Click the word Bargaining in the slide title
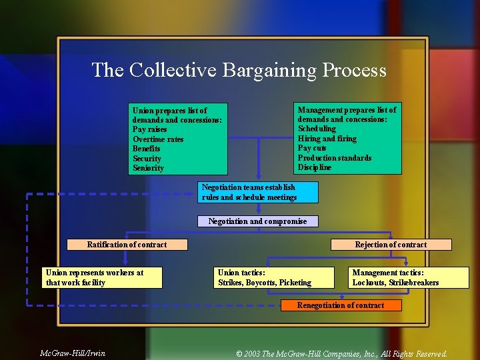click(x=269, y=70)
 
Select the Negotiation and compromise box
click(x=258, y=221)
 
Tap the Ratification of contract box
click(x=127, y=245)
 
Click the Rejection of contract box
click(x=391, y=245)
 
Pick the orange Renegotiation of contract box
click(x=341, y=305)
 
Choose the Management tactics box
click(x=409, y=277)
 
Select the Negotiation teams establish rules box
click(x=259, y=192)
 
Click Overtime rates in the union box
click(x=158, y=139)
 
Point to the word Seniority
click(x=148, y=168)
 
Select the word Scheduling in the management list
click(x=317, y=129)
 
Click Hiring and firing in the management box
click(x=327, y=139)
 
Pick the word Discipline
click(x=315, y=167)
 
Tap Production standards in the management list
click(x=335, y=158)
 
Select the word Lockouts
click(x=369, y=283)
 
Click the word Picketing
click(x=295, y=283)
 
